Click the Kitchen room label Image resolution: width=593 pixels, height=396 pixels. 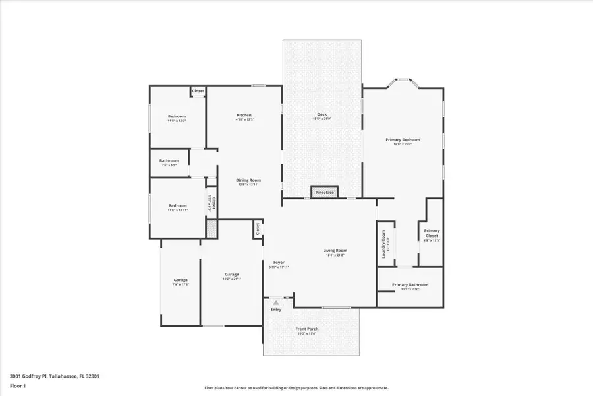coord(244,115)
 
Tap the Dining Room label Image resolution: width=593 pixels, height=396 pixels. coord(249,180)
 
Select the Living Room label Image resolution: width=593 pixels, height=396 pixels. coord(335,251)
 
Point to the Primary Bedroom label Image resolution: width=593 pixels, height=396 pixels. coord(403,140)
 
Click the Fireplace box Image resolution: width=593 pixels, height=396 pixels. coord(325,193)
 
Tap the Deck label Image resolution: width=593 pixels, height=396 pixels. coord(322,115)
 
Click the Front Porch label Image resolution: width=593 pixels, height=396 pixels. coord(306,329)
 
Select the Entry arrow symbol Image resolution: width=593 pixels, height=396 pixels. coord(276,303)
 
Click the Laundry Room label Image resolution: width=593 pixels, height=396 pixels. coord(382,244)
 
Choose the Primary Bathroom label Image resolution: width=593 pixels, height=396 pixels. coord(410,285)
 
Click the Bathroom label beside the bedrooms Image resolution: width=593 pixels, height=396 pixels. coord(169,161)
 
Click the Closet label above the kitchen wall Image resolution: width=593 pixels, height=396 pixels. coord(198,91)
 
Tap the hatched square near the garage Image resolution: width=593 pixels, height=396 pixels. coord(211,229)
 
